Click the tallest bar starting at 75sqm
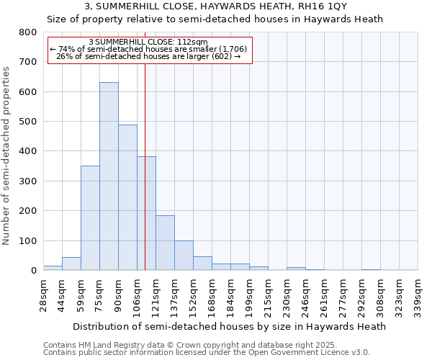tap(109, 176)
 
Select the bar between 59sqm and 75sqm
tap(90, 218)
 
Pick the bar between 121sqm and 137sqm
tap(165, 243)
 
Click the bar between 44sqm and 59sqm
tap(71, 264)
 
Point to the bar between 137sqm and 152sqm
tap(184, 256)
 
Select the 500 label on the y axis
tap(27, 122)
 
